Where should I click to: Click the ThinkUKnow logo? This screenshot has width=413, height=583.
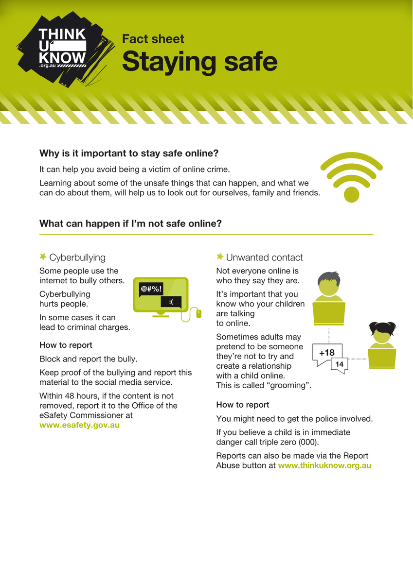(x=65, y=50)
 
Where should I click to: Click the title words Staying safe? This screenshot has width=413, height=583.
(x=199, y=61)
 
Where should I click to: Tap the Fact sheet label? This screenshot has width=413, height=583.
(x=153, y=39)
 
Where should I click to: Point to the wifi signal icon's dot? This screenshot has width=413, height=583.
(x=352, y=194)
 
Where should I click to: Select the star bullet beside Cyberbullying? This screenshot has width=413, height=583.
(x=43, y=257)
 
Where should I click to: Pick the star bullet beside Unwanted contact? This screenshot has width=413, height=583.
(x=220, y=257)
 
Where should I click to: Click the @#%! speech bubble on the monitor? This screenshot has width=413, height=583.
(x=151, y=290)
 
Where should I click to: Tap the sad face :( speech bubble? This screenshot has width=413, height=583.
(x=171, y=302)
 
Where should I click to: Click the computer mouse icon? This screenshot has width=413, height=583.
(x=198, y=314)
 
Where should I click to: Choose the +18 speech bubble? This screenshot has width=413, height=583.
(x=327, y=353)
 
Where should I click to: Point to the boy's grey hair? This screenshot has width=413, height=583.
(x=329, y=278)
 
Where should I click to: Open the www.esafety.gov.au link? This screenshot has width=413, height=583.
(x=79, y=425)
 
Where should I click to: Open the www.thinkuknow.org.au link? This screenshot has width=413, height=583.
(x=324, y=465)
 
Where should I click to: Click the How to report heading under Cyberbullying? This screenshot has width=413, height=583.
(x=66, y=345)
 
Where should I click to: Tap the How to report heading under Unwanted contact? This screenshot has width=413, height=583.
(x=243, y=405)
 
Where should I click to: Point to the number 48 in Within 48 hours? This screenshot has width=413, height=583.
(x=70, y=396)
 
